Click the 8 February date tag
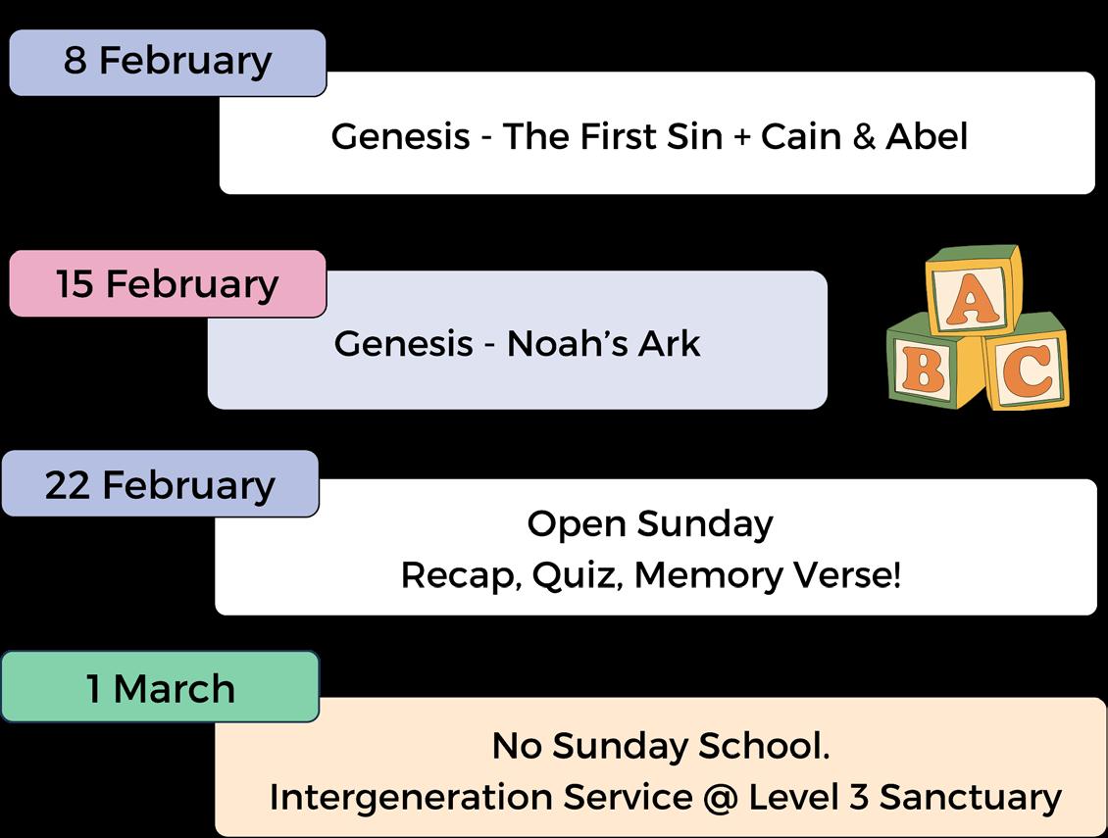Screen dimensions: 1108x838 point(168,62)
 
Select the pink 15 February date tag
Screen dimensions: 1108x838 point(168,284)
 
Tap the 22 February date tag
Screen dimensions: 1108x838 point(160,484)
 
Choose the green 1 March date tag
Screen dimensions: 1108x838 point(161,688)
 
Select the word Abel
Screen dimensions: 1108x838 point(927,136)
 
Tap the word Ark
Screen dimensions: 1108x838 point(672,344)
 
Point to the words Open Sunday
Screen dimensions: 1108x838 point(650,523)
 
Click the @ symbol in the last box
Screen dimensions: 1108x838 point(720,797)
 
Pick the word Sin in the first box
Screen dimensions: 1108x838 point(693,136)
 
